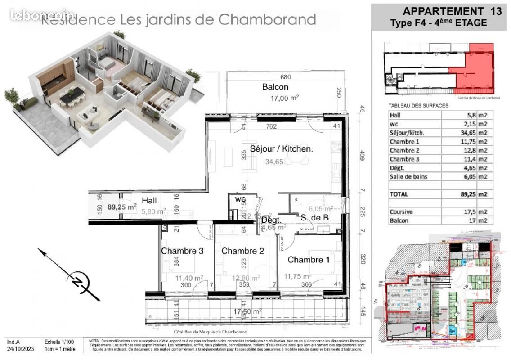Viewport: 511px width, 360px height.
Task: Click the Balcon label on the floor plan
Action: (275, 87)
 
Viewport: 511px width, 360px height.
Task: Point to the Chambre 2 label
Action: (242, 251)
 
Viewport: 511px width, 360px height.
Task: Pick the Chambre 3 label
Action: (182, 251)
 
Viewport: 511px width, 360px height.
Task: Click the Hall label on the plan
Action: (149, 201)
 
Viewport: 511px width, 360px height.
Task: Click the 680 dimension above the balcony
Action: (286, 77)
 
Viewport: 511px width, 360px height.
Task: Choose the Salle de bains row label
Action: (408, 177)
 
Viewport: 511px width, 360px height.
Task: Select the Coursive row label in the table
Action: (401, 211)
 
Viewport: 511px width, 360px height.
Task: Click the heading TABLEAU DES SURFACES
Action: (418, 105)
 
